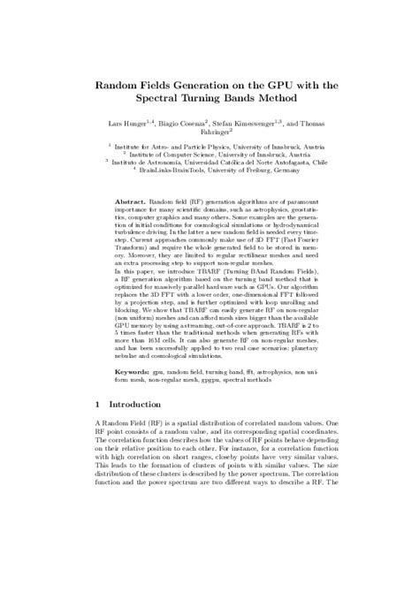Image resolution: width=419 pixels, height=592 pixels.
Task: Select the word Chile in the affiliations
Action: pos(309,162)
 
